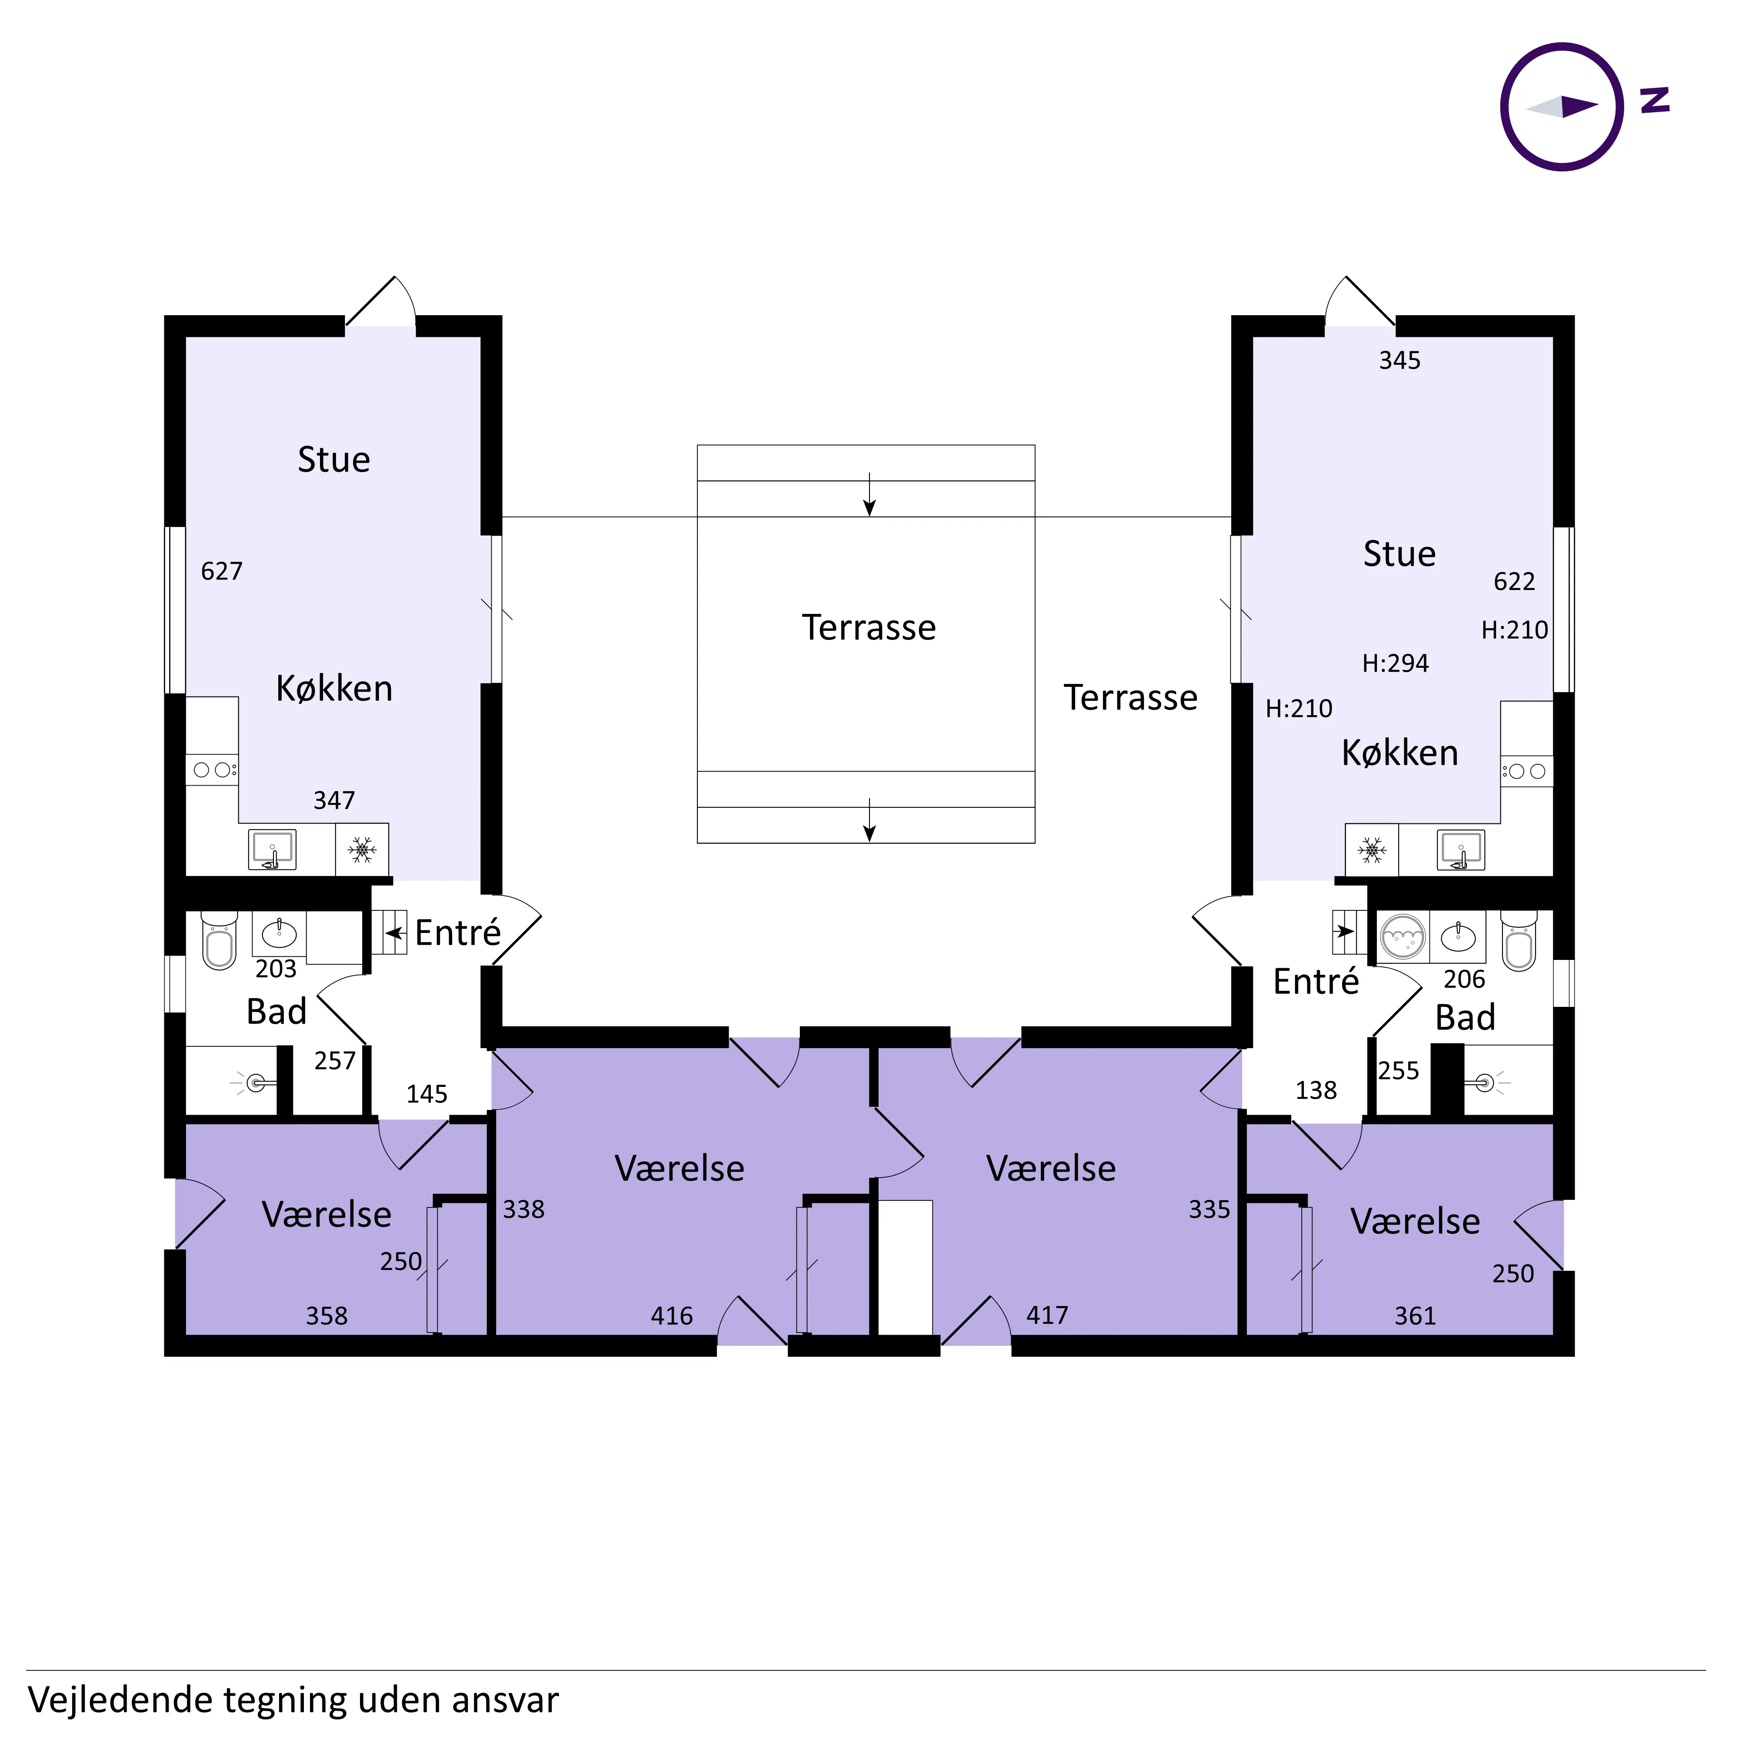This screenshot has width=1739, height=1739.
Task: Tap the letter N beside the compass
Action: [1654, 100]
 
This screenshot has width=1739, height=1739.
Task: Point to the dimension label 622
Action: [1514, 581]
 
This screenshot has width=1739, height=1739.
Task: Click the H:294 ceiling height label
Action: [1395, 663]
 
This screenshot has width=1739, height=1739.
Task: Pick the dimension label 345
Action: [1399, 361]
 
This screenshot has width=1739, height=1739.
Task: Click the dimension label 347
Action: [334, 800]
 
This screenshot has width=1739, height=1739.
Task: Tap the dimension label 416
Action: [672, 1316]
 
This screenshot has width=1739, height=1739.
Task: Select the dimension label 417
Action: [1047, 1315]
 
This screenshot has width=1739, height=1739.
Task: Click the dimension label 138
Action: [1316, 1090]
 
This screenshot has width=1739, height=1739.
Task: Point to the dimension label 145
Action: [426, 1094]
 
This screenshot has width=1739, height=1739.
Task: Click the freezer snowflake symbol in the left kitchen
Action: [362, 850]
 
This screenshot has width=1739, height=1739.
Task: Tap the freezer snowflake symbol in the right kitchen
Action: [1372, 850]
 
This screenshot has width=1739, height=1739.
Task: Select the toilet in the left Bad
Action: [219, 941]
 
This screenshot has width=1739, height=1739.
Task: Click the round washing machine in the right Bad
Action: [1403, 937]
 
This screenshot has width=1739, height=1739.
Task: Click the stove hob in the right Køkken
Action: [1526, 771]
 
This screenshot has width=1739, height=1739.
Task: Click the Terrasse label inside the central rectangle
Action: [869, 627]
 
